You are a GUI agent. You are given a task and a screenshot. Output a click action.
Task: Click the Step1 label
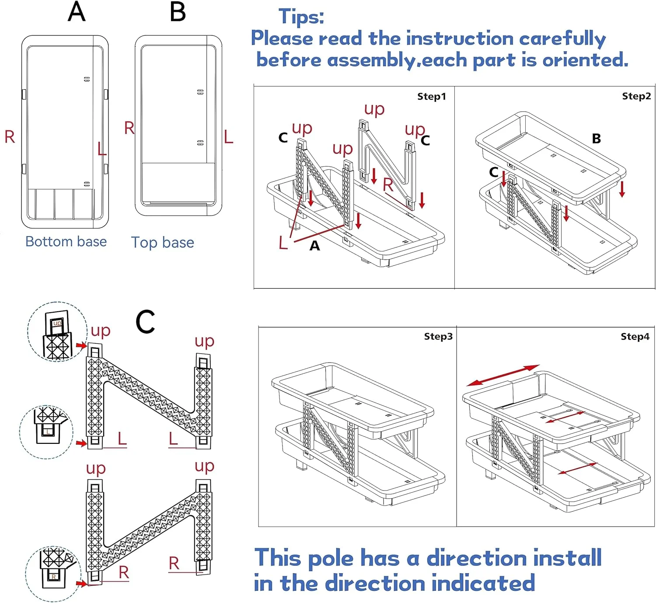[x=431, y=97]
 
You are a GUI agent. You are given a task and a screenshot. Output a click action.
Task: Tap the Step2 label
[x=636, y=96]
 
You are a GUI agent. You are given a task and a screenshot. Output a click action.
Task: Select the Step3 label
[x=438, y=336]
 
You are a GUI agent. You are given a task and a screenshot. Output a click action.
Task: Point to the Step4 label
[x=635, y=336]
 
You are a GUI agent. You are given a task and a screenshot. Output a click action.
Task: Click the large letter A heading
[x=77, y=12]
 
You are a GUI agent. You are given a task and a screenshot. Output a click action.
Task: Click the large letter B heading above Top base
[x=178, y=12]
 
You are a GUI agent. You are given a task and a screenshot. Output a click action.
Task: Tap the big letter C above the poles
[x=145, y=322]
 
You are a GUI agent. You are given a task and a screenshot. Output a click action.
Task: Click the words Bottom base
[x=66, y=241]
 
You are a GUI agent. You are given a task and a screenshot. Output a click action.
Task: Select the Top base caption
[x=163, y=242]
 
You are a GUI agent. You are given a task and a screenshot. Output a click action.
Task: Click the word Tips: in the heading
[x=301, y=17]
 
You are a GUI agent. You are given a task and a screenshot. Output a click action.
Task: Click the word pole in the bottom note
[x=331, y=558]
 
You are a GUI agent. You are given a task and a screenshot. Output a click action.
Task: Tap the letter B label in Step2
[x=596, y=139]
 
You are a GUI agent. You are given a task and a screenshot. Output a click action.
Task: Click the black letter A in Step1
[x=314, y=246]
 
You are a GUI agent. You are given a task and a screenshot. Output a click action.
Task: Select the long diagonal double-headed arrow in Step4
[x=503, y=375]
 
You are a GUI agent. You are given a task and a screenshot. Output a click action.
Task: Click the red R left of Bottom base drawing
[x=10, y=137]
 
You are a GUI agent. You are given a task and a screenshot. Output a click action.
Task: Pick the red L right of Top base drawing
[x=228, y=137]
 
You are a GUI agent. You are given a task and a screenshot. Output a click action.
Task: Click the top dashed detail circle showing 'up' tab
[x=57, y=331]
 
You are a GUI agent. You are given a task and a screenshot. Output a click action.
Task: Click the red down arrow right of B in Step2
[x=622, y=188]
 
